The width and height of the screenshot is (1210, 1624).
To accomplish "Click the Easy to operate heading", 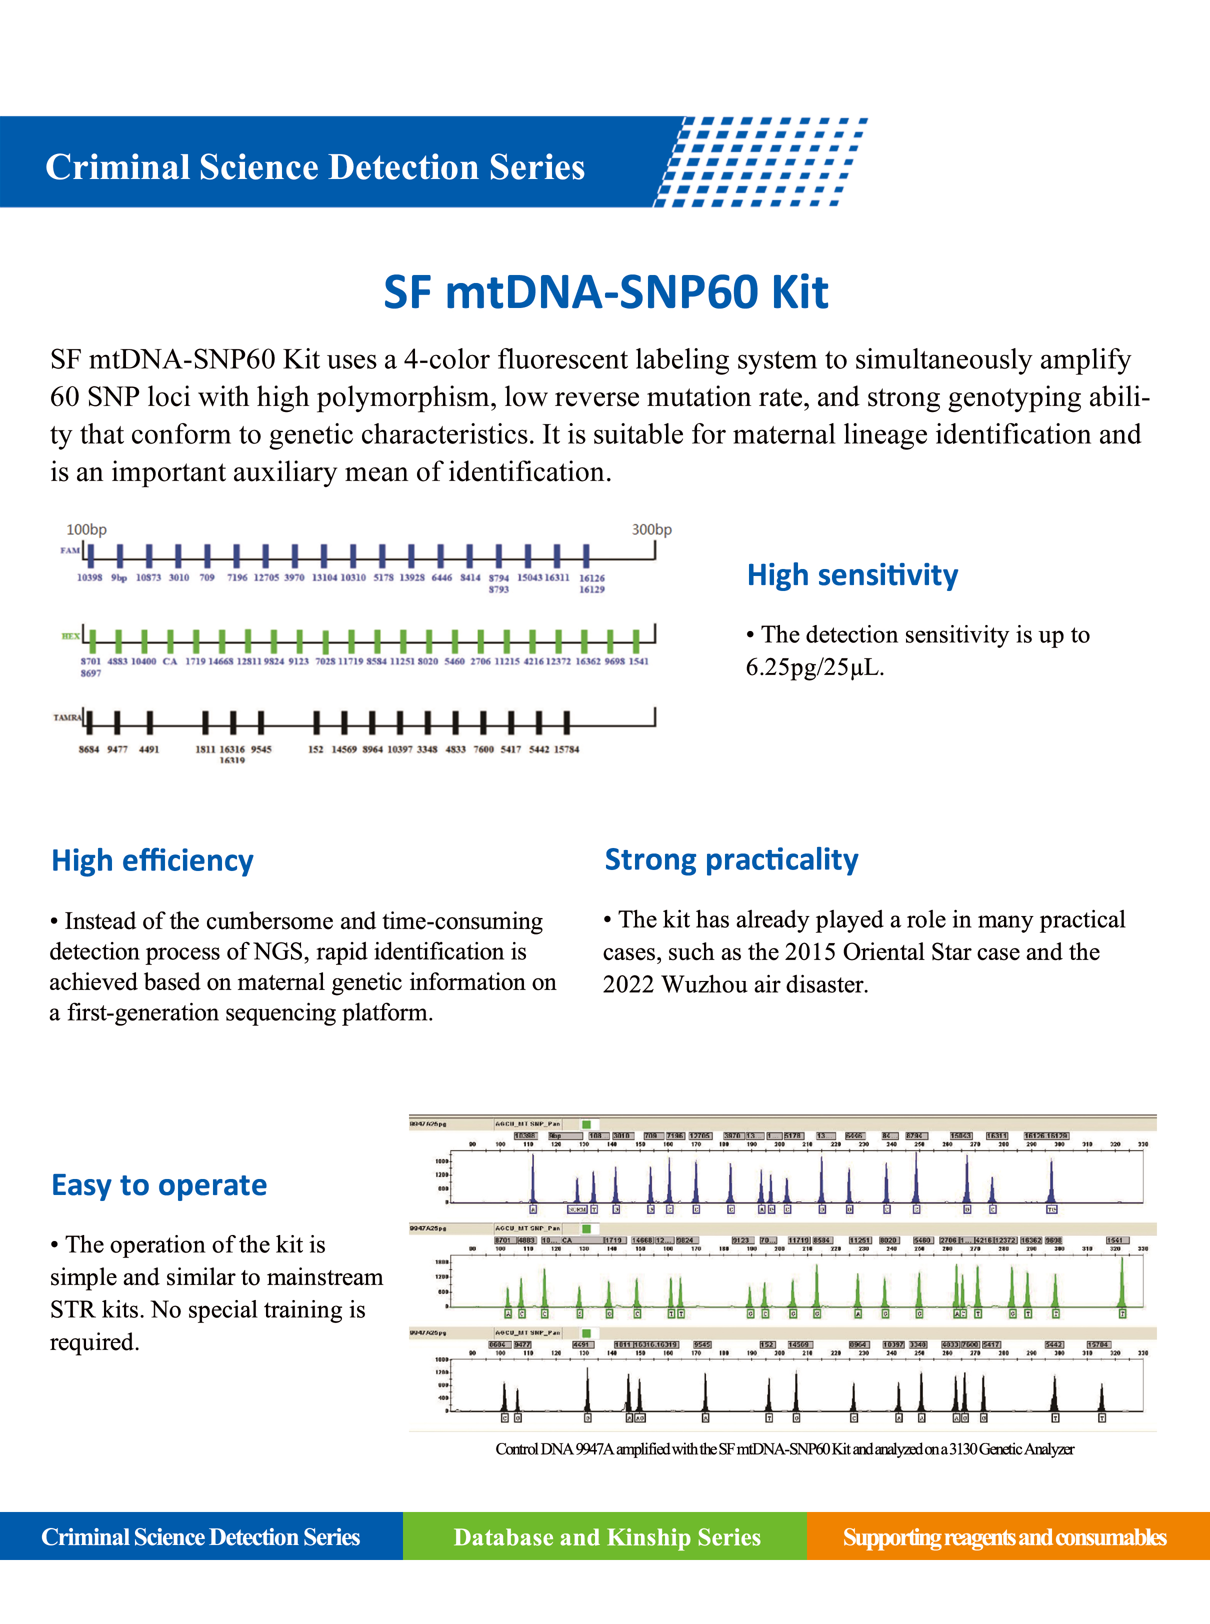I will pyautogui.click(x=159, y=1184).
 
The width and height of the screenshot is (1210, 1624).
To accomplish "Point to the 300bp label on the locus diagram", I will pyautogui.click(x=651, y=529).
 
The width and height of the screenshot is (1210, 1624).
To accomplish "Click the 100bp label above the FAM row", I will pyautogui.click(x=86, y=529).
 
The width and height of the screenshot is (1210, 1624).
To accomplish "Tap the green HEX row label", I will pyautogui.click(x=70, y=636).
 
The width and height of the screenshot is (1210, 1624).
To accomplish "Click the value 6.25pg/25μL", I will pyautogui.click(x=814, y=667).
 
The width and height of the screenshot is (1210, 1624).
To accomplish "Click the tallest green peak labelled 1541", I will pyautogui.click(x=1121, y=1282).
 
